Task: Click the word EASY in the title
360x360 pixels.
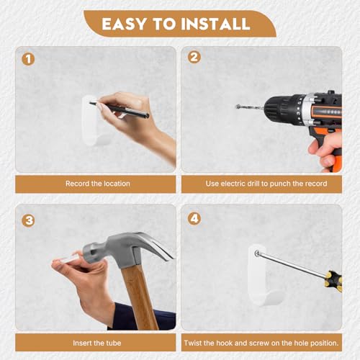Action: pyautogui.click(x=124, y=24)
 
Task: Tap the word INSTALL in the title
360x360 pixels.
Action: pyautogui.click(x=215, y=24)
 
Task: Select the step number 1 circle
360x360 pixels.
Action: pyautogui.click(x=28, y=59)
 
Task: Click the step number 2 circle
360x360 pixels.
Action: pyautogui.click(x=194, y=57)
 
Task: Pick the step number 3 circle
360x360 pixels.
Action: pyautogui.click(x=28, y=220)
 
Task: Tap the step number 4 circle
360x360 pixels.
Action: pyautogui.click(x=194, y=218)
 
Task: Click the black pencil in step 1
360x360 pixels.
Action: pyautogui.click(x=120, y=110)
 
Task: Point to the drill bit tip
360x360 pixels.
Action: pyautogui.click(x=236, y=106)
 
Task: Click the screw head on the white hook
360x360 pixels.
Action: pyautogui.click(x=257, y=253)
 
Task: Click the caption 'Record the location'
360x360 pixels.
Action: pyautogui.click(x=98, y=184)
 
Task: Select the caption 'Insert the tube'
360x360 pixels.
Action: pyautogui.click(x=97, y=343)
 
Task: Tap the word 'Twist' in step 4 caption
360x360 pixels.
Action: pyautogui.click(x=193, y=343)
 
